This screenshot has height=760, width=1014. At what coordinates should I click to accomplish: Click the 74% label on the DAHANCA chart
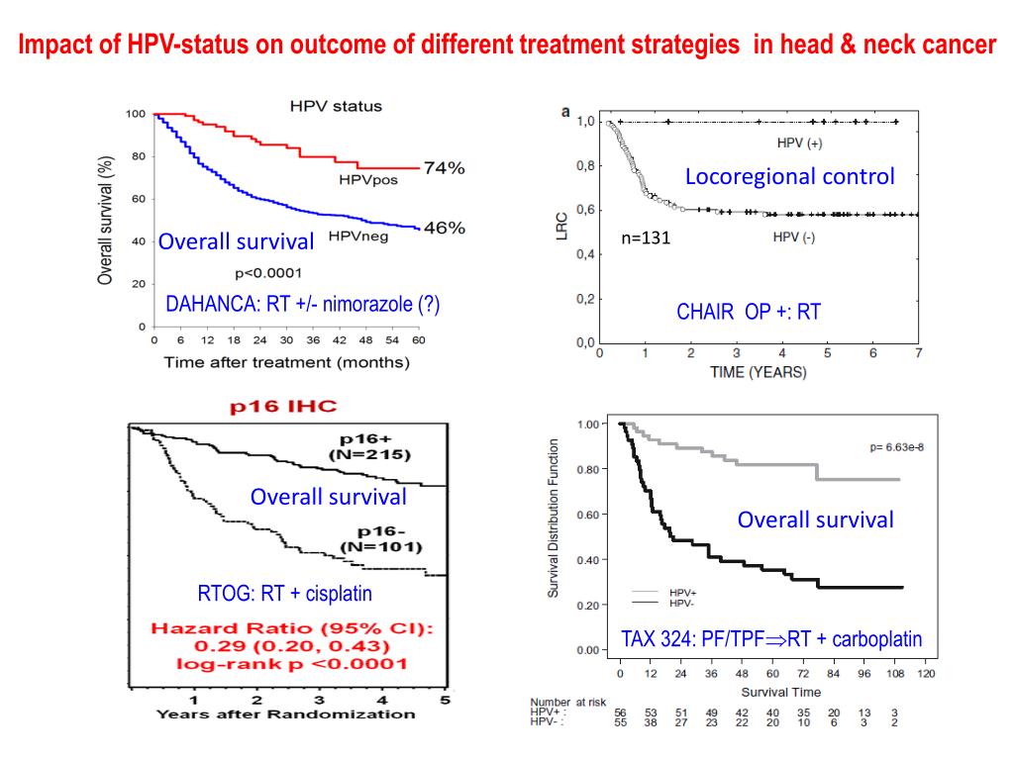click(x=444, y=168)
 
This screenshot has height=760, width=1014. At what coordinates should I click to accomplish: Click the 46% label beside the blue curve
click(x=444, y=228)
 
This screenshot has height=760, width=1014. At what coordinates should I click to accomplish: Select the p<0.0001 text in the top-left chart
click(x=268, y=273)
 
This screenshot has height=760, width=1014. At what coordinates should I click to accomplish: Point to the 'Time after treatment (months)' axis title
click(x=286, y=362)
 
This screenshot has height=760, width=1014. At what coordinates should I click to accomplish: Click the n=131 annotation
click(x=646, y=238)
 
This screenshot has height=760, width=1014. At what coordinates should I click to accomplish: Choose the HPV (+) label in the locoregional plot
click(x=799, y=143)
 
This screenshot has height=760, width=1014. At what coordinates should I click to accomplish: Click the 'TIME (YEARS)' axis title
click(x=759, y=373)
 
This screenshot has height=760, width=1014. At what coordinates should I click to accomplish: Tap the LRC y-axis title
click(x=560, y=232)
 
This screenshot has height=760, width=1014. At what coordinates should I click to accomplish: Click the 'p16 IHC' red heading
click(x=284, y=406)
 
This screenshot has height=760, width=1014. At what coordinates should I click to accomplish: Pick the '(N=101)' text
click(x=381, y=546)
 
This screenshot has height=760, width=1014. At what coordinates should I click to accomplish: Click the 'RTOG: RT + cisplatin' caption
click(x=285, y=594)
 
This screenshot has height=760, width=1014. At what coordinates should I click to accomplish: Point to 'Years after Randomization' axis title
click(x=286, y=714)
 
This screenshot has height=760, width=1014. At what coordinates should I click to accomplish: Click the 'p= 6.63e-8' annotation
click(x=896, y=447)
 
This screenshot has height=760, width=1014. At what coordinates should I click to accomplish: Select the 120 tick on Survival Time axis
click(x=927, y=674)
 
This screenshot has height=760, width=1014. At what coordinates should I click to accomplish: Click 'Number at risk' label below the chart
click(x=567, y=703)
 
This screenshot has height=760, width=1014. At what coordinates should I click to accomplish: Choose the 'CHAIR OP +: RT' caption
click(x=749, y=313)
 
